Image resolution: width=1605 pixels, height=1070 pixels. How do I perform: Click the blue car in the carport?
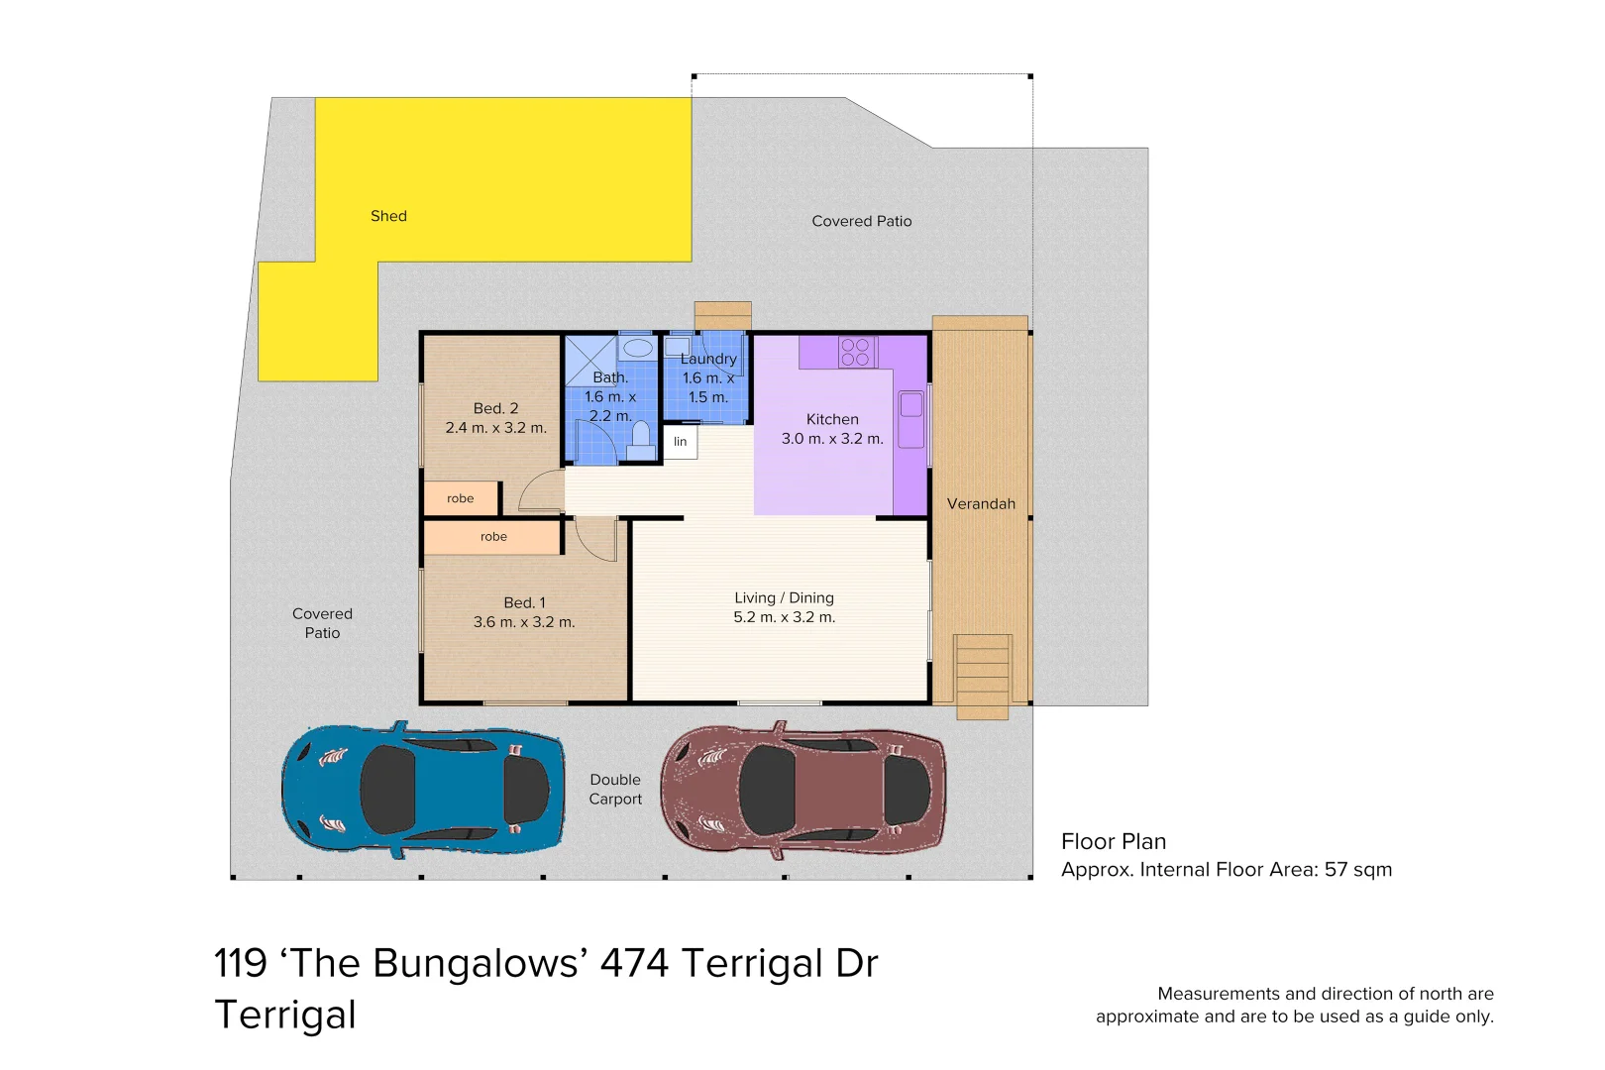pyautogui.click(x=424, y=790)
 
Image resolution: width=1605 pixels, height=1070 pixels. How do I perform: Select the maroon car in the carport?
pyautogui.click(x=802, y=790)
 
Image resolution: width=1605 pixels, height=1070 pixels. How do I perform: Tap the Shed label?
pyautogui.click(x=388, y=216)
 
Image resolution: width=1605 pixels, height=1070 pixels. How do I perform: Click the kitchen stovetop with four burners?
pyautogui.click(x=856, y=352)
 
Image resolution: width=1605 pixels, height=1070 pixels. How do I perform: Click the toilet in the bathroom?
pyautogui.click(x=641, y=438)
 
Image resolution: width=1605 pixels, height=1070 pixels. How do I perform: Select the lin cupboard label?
pyautogui.click(x=680, y=442)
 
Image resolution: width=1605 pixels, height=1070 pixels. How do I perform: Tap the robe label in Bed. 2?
pyautogui.click(x=460, y=498)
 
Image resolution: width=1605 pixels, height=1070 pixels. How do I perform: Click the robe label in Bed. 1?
pyautogui.click(x=493, y=537)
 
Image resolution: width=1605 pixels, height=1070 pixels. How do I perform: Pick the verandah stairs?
pyautogui.click(x=982, y=676)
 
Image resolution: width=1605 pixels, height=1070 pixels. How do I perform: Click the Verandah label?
pyautogui.click(x=981, y=503)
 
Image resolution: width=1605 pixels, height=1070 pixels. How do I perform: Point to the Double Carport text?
pyautogui.click(x=615, y=790)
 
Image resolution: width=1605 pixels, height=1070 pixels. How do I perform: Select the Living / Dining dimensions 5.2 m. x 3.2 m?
pyautogui.click(x=784, y=617)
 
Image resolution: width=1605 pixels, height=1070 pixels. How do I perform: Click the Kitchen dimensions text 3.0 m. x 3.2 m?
pyautogui.click(x=832, y=439)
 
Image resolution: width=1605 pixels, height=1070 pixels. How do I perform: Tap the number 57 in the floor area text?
pyautogui.click(x=1337, y=870)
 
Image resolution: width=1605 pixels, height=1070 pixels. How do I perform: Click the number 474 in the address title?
pyautogui.click(x=634, y=963)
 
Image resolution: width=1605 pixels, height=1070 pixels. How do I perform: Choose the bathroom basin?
pyautogui.click(x=637, y=348)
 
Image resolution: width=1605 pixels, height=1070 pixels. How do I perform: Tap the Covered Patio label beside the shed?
pyautogui.click(x=861, y=221)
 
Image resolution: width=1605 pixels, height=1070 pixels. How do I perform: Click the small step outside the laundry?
pyautogui.click(x=722, y=315)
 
